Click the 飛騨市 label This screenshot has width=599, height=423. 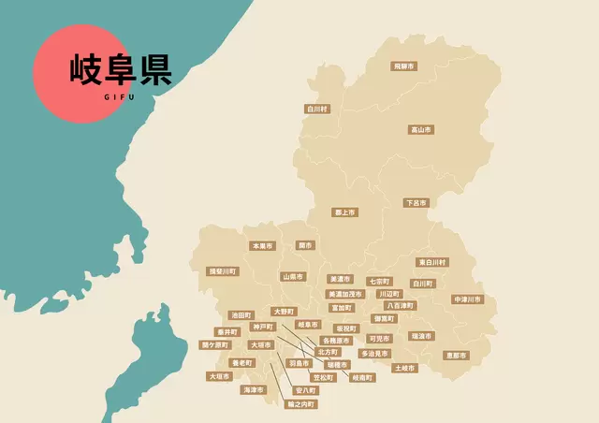[404, 66]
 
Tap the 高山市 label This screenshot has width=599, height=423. [421, 129]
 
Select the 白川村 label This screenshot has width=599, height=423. [317, 109]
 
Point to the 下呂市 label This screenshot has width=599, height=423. [416, 202]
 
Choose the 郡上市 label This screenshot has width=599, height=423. [344, 212]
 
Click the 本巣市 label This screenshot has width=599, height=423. [262, 246]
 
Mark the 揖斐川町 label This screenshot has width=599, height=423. [223, 271]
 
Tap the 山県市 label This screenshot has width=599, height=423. [293, 277]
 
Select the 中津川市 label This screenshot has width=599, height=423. [467, 299]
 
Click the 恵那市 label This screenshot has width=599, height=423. [456, 355]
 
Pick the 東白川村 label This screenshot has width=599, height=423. [431, 262]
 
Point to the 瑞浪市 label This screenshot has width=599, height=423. [421, 335]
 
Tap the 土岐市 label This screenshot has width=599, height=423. [404, 368]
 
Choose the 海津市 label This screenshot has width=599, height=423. [253, 389]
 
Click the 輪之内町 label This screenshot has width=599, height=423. [301, 404]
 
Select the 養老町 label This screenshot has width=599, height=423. [241, 362]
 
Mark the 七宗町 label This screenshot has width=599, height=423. [378, 281]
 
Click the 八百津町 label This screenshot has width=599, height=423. [400, 305]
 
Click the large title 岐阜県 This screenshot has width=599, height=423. [121, 69]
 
